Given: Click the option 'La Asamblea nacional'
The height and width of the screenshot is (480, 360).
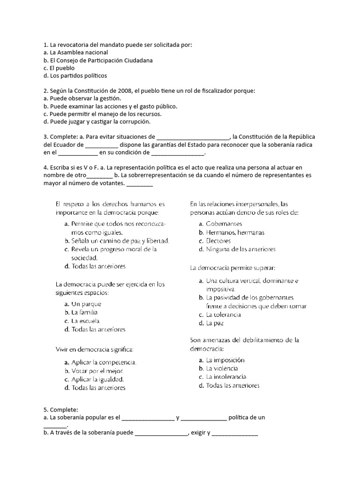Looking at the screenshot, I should [75, 52].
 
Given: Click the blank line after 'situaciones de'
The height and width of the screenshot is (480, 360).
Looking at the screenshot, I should [193, 137].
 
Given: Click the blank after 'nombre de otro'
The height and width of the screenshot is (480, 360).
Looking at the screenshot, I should [99, 175].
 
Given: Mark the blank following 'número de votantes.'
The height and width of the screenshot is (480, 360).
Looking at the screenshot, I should [140, 183].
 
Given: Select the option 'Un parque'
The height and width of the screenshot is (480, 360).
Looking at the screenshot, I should [86, 304].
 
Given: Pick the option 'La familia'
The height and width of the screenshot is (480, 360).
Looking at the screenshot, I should [85, 312].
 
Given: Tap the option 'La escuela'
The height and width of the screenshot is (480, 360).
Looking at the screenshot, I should [85, 321].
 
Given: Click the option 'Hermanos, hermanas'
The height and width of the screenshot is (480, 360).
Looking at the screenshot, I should [235, 232].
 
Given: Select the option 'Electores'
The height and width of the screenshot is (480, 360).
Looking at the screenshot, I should [218, 241].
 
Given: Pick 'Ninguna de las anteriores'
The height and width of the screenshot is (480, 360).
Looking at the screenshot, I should [240, 249].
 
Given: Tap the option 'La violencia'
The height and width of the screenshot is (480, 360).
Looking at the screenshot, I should [222, 368].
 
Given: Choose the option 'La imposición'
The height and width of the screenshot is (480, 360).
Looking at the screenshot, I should [225, 360].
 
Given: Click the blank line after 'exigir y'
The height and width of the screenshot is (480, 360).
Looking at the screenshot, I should [234, 433].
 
